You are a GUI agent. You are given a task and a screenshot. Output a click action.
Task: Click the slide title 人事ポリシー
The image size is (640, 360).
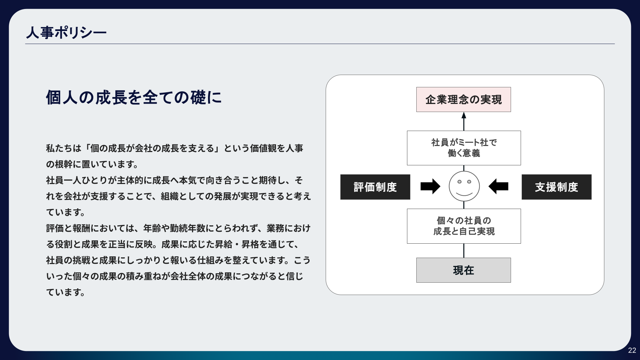[x=66, y=33]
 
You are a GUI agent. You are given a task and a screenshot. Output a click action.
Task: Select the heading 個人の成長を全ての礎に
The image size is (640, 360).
[x=134, y=98]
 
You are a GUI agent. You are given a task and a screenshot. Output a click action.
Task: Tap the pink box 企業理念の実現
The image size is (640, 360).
[x=463, y=99]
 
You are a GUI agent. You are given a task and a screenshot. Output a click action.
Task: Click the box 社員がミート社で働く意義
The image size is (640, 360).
[x=464, y=148]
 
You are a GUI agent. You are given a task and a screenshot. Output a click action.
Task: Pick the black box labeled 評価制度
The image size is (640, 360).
[x=375, y=187]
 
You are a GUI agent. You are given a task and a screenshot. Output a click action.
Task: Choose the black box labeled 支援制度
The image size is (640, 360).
[x=556, y=187]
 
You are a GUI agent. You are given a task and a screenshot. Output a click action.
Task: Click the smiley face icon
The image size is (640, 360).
[x=464, y=186]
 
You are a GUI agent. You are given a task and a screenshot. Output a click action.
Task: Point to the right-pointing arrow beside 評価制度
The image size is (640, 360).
[x=430, y=186]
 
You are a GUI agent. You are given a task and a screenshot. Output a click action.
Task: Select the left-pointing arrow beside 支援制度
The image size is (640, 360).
[x=498, y=186]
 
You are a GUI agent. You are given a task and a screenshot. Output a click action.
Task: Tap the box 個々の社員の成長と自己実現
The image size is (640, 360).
[x=464, y=226]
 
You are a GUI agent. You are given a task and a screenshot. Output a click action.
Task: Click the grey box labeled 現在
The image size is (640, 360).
[x=463, y=270]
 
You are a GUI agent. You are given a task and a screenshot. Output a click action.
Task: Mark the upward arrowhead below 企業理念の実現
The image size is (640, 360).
[x=464, y=115]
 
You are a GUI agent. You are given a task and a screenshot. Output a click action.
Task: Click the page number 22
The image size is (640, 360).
[x=632, y=350]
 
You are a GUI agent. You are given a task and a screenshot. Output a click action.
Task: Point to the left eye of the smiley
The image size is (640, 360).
[x=459, y=182]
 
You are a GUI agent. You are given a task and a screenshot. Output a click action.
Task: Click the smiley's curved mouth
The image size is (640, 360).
[x=464, y=194]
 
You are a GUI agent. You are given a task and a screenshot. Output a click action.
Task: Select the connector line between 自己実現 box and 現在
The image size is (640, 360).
[x=464, y=251]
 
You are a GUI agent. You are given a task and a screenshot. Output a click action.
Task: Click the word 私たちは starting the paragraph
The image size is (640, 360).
[x=64, y=148]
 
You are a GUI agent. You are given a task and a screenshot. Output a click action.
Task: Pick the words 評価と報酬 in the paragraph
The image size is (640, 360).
[x=68, y=228]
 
